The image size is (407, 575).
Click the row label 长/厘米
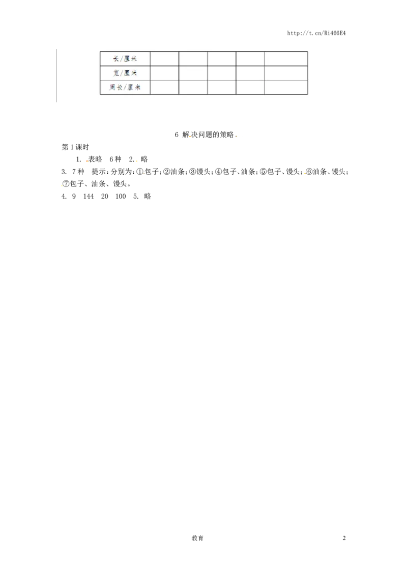[125, 59]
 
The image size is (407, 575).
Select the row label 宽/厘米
[125, 73]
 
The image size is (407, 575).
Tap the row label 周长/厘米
[125, 87]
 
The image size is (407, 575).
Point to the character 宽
[116, 73]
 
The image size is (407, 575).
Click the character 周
[112, 87]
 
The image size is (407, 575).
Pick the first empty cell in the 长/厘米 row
[164, 59]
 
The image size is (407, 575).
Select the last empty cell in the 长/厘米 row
[286, 59]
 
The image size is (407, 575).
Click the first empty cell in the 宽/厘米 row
[164, 73]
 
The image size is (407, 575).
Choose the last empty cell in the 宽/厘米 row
[286, 73]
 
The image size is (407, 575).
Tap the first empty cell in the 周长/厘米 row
[164, 87]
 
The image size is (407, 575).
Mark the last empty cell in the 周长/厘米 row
[286, 87]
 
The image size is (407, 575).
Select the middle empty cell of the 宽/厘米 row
[221, 73]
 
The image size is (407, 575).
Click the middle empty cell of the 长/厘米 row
[221, 59]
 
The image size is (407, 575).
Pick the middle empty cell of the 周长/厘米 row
[221, 87]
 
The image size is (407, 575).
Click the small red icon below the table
[87, 161]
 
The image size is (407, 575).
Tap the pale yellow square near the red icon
[136, 161]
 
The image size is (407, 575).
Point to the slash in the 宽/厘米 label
[122, 73]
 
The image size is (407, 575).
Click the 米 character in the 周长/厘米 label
[137, 87]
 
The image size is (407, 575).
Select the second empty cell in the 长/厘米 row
[193, 59]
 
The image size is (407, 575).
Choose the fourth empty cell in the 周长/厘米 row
[250, 87]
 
